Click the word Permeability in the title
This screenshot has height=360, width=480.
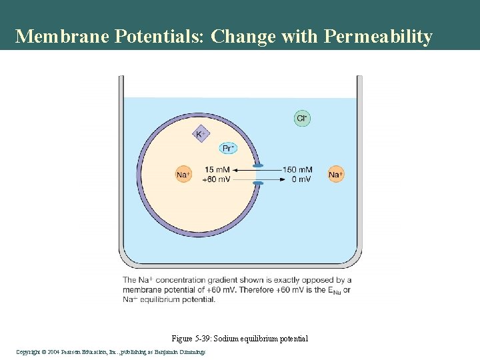click(378, 36)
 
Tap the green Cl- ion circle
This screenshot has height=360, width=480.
click(302, 119)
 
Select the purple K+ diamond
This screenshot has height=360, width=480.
click(200, 134)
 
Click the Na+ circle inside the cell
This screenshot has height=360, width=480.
click(183, 175)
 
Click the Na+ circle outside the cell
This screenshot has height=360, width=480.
click(336, 175)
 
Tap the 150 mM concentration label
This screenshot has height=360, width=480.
click(297, 170)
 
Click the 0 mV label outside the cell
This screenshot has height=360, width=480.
click(301, 179)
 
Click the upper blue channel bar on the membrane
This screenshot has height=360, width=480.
click(258, 165)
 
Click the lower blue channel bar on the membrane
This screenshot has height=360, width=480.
click(258, 183)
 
